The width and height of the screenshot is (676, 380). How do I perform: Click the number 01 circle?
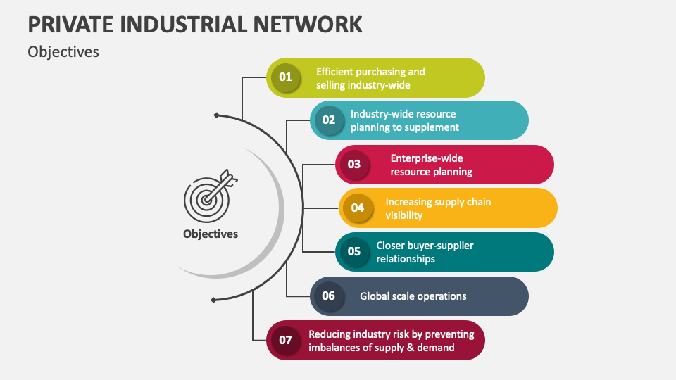(x=285, y=77)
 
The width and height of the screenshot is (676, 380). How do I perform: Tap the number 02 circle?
(x=329, y=120)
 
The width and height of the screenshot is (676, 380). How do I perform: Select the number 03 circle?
(x=354, y=165)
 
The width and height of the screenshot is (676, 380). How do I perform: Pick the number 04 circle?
(x=358, y=208)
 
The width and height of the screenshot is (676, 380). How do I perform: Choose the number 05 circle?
(x=354, y=251)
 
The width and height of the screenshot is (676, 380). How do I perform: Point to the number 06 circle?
(x=329, y=296)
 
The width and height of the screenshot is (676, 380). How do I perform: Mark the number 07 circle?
(x=285, y=340)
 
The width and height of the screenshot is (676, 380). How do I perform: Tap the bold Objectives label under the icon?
(x=211, y=234)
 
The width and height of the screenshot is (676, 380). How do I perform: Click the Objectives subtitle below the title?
(x=63, y=52)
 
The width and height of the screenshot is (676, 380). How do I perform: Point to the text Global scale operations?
(x=413, y=296)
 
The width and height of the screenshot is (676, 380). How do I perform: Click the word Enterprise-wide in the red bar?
(x=427, y=158)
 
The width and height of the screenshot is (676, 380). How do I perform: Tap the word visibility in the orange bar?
(x=404, y=215)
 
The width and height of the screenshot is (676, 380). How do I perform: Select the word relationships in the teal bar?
(x=406, y=259)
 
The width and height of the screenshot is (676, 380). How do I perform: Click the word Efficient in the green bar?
(x=337, y=71)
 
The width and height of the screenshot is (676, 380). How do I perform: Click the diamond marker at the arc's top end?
(x=216, y=115)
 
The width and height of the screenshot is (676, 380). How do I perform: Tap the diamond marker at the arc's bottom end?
(x=213, y=300)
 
